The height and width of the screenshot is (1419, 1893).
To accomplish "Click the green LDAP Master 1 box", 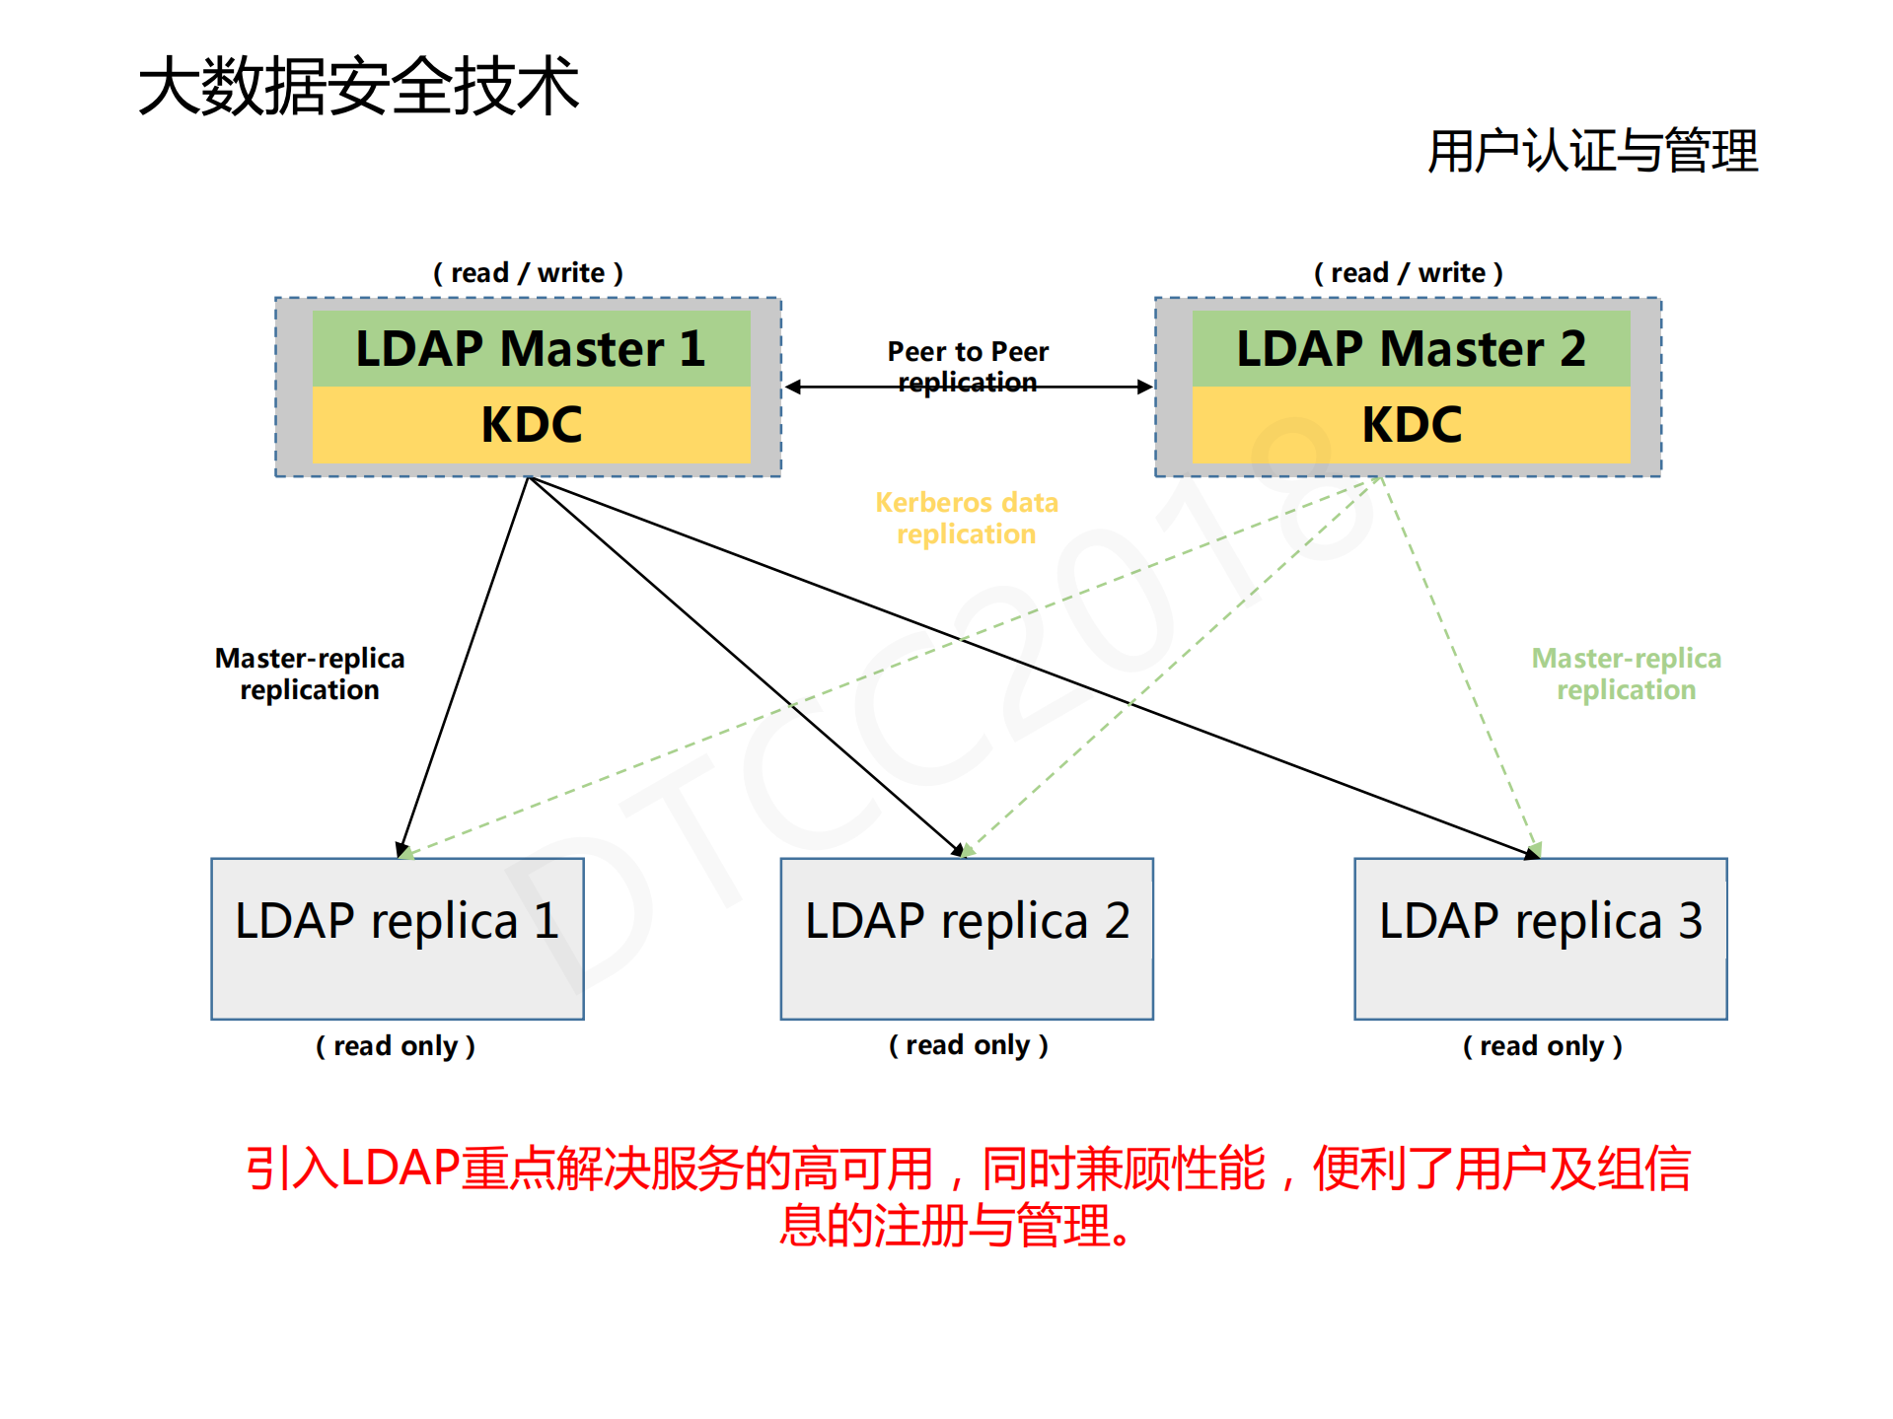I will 531,348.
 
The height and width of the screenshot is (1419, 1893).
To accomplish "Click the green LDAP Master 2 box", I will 1411,348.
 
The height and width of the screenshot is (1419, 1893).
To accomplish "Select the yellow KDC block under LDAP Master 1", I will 531,424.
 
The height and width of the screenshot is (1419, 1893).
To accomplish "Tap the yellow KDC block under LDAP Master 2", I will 1411,424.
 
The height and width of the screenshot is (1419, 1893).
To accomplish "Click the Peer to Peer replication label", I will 968,366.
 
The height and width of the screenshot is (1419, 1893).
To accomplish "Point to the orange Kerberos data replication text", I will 966,518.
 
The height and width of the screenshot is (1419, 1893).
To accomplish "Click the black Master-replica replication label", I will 310,674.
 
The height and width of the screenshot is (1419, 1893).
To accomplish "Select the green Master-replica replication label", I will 1626,674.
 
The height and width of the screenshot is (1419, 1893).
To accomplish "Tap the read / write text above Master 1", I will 528,272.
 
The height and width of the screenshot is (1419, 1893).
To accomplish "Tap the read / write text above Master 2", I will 1408,272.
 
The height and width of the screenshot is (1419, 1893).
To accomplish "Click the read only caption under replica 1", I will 396,1045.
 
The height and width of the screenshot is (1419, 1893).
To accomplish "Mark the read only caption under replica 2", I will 968,1044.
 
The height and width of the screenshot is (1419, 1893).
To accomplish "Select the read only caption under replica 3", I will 1542,1045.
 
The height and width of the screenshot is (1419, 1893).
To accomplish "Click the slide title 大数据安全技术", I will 359,86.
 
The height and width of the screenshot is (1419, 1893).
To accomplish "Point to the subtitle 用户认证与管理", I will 1592,151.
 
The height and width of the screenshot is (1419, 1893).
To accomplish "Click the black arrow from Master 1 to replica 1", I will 465,666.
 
